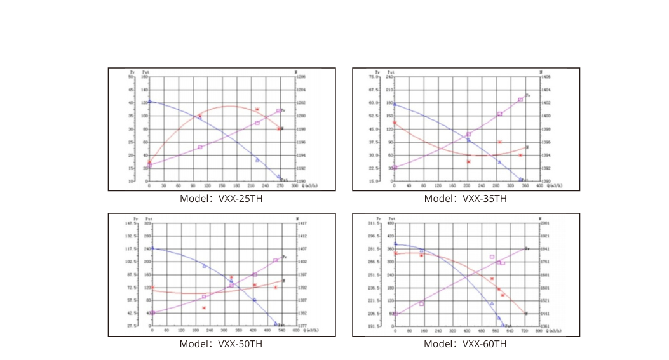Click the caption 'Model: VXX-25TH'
tap(221, 198)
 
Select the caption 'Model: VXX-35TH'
tap(466, 198)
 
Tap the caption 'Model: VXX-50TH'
tap(221, 344)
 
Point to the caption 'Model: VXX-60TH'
tap(466, 344)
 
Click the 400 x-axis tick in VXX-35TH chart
tap(539, 187)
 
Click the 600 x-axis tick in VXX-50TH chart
tap(295, 331)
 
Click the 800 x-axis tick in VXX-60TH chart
tap(539, 331)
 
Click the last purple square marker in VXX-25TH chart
tap(279, 111)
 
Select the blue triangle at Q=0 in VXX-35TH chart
tap(394, 104)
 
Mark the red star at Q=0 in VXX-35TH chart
tap(394, 123)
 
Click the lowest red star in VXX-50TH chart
tap(204, 308)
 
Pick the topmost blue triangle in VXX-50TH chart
tap(152, 248)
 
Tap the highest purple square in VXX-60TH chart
tap(492, 257)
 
